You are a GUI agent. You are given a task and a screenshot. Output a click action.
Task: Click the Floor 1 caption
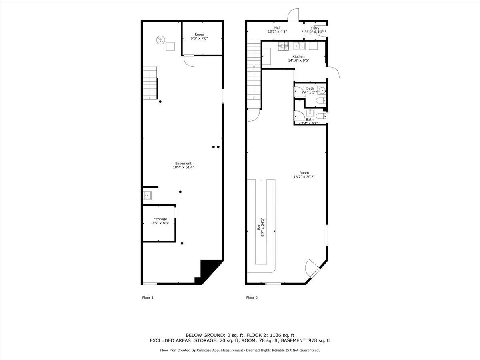pyautogui.click(x=148, y=298)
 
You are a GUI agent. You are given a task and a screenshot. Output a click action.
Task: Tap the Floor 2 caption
pyautogui.click(x=252, y=298)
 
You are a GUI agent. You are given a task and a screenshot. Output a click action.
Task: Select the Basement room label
pyautogui.click(x=183, y=163)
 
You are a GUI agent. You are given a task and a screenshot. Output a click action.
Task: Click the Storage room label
pyautogui.click(x=160, y=219)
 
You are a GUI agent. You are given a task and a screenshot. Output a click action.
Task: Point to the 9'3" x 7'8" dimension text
pyautogui.click(x=199, y=38)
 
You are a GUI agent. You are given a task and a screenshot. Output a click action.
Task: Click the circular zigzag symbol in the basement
pyautogui.click(x=160, y=40)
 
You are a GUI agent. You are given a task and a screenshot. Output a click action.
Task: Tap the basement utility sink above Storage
pyautogui.click(x=147, y=196)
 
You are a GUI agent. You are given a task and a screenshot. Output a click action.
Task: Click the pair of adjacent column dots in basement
pyautogui.click(x=216, y=147)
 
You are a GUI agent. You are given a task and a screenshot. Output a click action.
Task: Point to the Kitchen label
pyautogui.click(x=298, y=56)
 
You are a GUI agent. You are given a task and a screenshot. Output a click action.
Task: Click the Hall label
pyautogui.click(x=277, y=28)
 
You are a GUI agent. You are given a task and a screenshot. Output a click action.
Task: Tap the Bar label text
pyautogui.click(x=258, y=227)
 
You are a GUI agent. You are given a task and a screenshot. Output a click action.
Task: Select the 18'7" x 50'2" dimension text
pyautogui.click(x=304, y=177)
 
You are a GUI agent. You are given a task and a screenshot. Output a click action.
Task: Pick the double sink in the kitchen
pyautogui.click(x=299, y=46)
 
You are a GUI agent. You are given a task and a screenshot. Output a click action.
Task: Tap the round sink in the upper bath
pyautogui.click(x=322, y=89)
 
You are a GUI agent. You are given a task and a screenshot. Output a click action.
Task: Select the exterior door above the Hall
pyautogui.click(x=293, y=15)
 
